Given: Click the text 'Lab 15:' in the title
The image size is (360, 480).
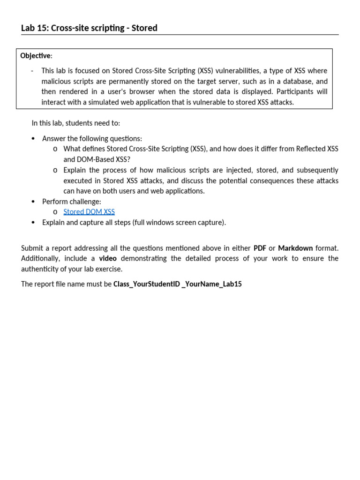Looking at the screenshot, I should click(35, 28).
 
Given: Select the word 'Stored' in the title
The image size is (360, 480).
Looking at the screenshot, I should click(144, 28).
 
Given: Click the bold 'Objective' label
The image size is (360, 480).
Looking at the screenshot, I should click(36, 56).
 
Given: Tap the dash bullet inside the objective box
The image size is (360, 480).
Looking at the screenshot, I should click(32, 71).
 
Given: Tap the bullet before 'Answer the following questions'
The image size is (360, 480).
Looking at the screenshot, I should click(33, 139).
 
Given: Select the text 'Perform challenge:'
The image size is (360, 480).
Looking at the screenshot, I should click(72, 202).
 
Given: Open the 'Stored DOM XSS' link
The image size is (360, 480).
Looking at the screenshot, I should click(89, 212).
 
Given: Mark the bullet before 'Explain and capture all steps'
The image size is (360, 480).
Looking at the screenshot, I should click(33, 223).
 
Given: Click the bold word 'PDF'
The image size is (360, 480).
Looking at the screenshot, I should click(260, 248).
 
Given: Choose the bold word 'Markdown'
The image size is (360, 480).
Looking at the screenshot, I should click(295, 248).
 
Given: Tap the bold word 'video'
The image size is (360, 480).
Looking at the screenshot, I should click(108, 258).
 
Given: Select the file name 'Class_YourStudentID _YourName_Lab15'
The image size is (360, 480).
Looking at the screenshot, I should click(178, 284).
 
